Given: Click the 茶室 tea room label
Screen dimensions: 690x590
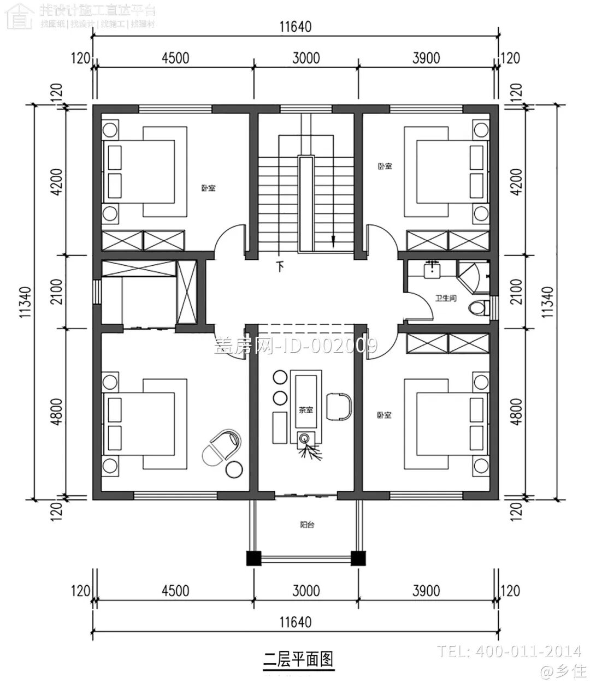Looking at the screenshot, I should [x=305, y=409].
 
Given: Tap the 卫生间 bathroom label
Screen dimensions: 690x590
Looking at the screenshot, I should [x=445, y=299].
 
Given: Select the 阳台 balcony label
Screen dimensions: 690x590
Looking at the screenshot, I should [x=307, y=525].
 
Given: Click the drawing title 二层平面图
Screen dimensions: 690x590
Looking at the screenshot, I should [x=298, y=659].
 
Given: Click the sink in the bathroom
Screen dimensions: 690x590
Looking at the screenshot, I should [x=433, y=269].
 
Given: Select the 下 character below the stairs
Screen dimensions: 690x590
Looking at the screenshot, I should [x=281, y=267].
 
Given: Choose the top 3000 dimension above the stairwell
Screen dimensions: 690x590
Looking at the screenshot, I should [x=305, y=58].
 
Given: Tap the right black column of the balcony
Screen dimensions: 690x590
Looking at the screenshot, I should [x=358, y=558].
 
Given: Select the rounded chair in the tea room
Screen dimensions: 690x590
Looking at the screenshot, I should [x=339, y=406].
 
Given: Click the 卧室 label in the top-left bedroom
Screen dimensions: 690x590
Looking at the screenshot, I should [x=208, y=188].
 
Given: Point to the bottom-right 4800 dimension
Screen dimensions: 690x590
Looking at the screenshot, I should [x=515, y=413].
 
